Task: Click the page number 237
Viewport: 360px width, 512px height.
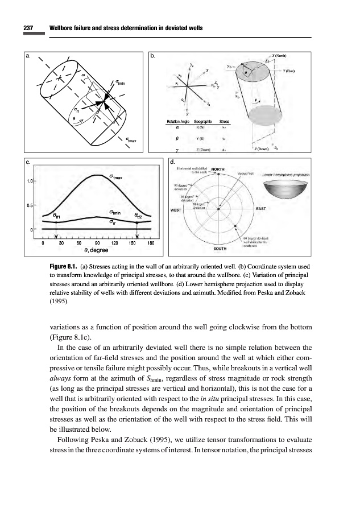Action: (x=29, y=28)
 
